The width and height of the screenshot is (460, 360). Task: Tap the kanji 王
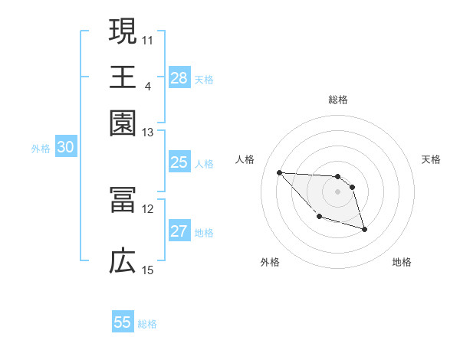click(123, 77)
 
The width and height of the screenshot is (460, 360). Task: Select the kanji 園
click(123, 122)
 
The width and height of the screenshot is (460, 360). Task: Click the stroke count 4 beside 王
click(148, 84)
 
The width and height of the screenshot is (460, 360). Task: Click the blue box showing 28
click(179, 78)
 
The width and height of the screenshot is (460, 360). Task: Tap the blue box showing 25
click(179, 162)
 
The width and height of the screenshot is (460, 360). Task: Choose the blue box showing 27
click(179, 231)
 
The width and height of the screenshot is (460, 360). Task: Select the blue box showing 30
click(65, 148)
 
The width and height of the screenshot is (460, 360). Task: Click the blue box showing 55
click(123, 322)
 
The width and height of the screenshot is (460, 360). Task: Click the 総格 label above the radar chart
click(338, 100)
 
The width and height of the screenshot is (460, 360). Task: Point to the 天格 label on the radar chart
click(431, 159)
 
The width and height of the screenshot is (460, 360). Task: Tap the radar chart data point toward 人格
click(279, 172)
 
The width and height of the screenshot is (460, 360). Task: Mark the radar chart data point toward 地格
click(364, 229)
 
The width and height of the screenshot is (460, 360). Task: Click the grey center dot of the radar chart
click(338, 191)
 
